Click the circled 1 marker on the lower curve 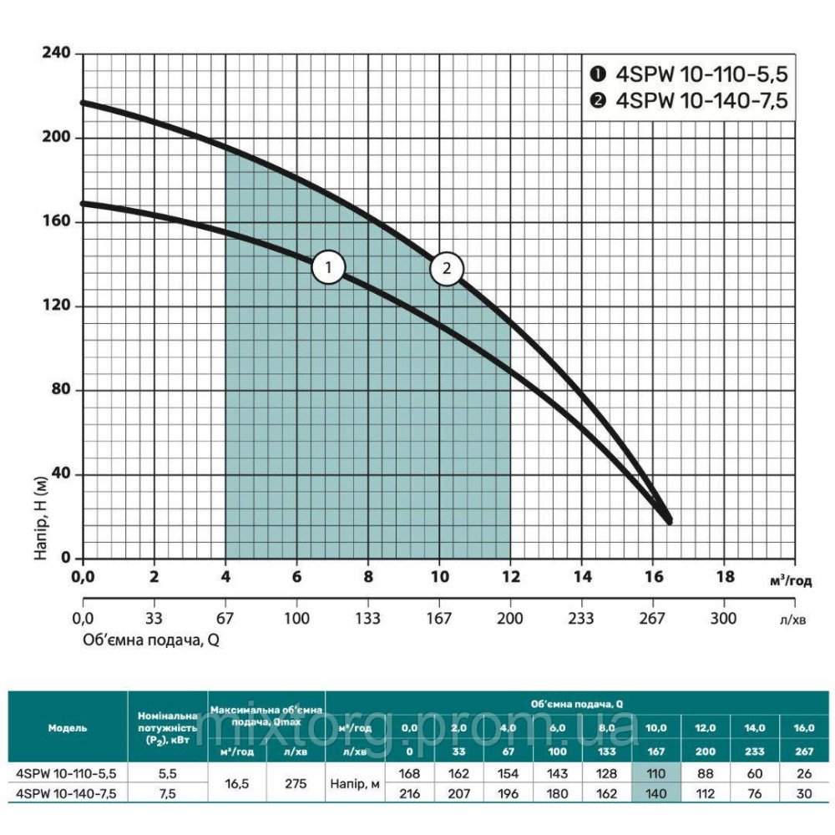click(329, 268)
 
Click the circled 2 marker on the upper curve click(447, 268)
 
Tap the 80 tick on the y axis click(62, 391)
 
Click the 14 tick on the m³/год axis click(582, 576)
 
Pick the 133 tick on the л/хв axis click(367, 619)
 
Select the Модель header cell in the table click(68, 727)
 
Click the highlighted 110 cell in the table click(656, 773)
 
